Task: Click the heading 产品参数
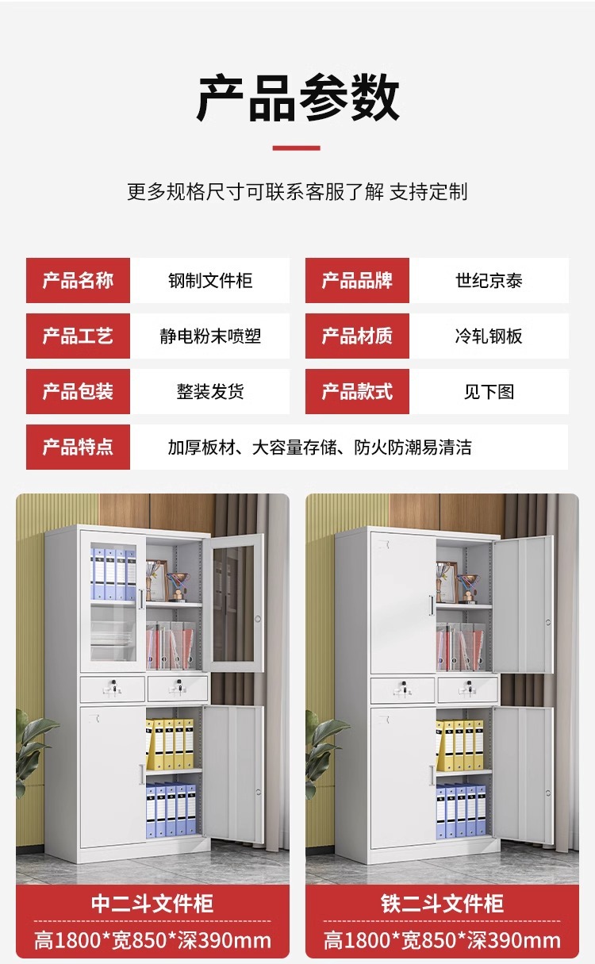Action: [297, 98]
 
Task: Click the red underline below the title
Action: [297, 148]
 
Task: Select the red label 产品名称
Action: [78, 280]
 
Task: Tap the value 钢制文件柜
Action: [210, 281]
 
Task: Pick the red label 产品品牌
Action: [357, 280]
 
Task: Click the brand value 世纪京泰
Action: [489, 281]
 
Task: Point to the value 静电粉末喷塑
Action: [210, 336]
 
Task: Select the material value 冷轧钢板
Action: [489, 336]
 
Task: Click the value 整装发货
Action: [210, 392]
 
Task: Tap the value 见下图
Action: [489, 392]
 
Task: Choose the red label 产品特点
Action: [78, 447]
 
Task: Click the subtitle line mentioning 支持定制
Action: [297, 191]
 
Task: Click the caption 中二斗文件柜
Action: [152, 904]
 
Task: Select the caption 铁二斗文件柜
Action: [442, 904]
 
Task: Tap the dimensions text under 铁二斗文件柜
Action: [442, 941]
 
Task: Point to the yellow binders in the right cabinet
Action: [461, 744]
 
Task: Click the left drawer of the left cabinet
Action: [113, 689]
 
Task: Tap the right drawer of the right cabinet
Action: [467, 689]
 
